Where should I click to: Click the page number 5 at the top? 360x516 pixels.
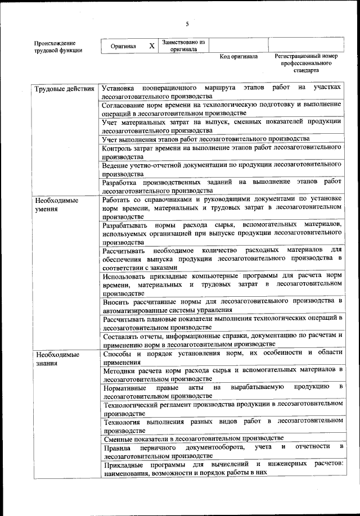pyautogui.click(x=187, y=24)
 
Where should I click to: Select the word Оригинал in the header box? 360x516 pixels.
pyautogui.click(x=123, y=46)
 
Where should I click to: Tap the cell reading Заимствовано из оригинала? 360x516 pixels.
pyautogui.click(x=183, y=46)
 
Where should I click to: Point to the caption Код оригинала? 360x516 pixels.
pyautogui.click(x=238, y=57)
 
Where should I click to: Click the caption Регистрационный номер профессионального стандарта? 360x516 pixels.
pyautogui.click(x=306, y=64)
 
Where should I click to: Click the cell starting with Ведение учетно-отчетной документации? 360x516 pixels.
pyautogui.click(x=222, y=169)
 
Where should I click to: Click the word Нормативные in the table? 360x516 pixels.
pyautogui.click(x=125, y=388)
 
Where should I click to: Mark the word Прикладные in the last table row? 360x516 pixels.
pyautogui.click(x=123, y=464)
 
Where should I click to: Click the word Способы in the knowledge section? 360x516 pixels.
pyautogui.click(x=118, y=352)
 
